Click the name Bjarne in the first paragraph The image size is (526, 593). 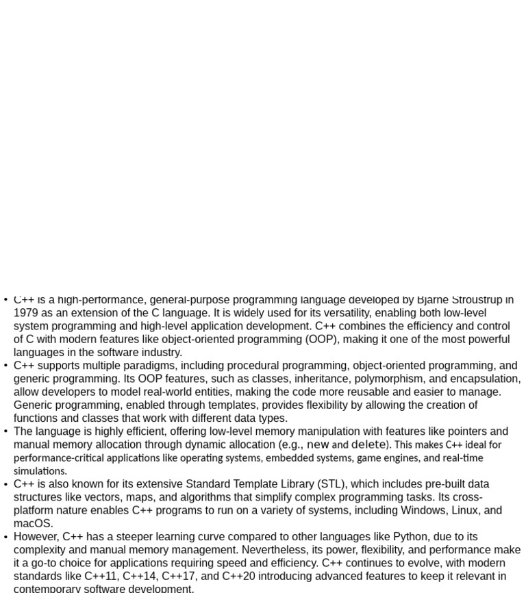click(433, 300)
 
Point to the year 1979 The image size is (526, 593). click(25, 313)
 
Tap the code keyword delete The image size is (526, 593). click(368, 444)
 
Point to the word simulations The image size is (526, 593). click(40, 471)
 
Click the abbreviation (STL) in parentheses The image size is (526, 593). click(333, 484)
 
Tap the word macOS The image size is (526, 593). click(32, 523)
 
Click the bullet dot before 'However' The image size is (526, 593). click(5, 537)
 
